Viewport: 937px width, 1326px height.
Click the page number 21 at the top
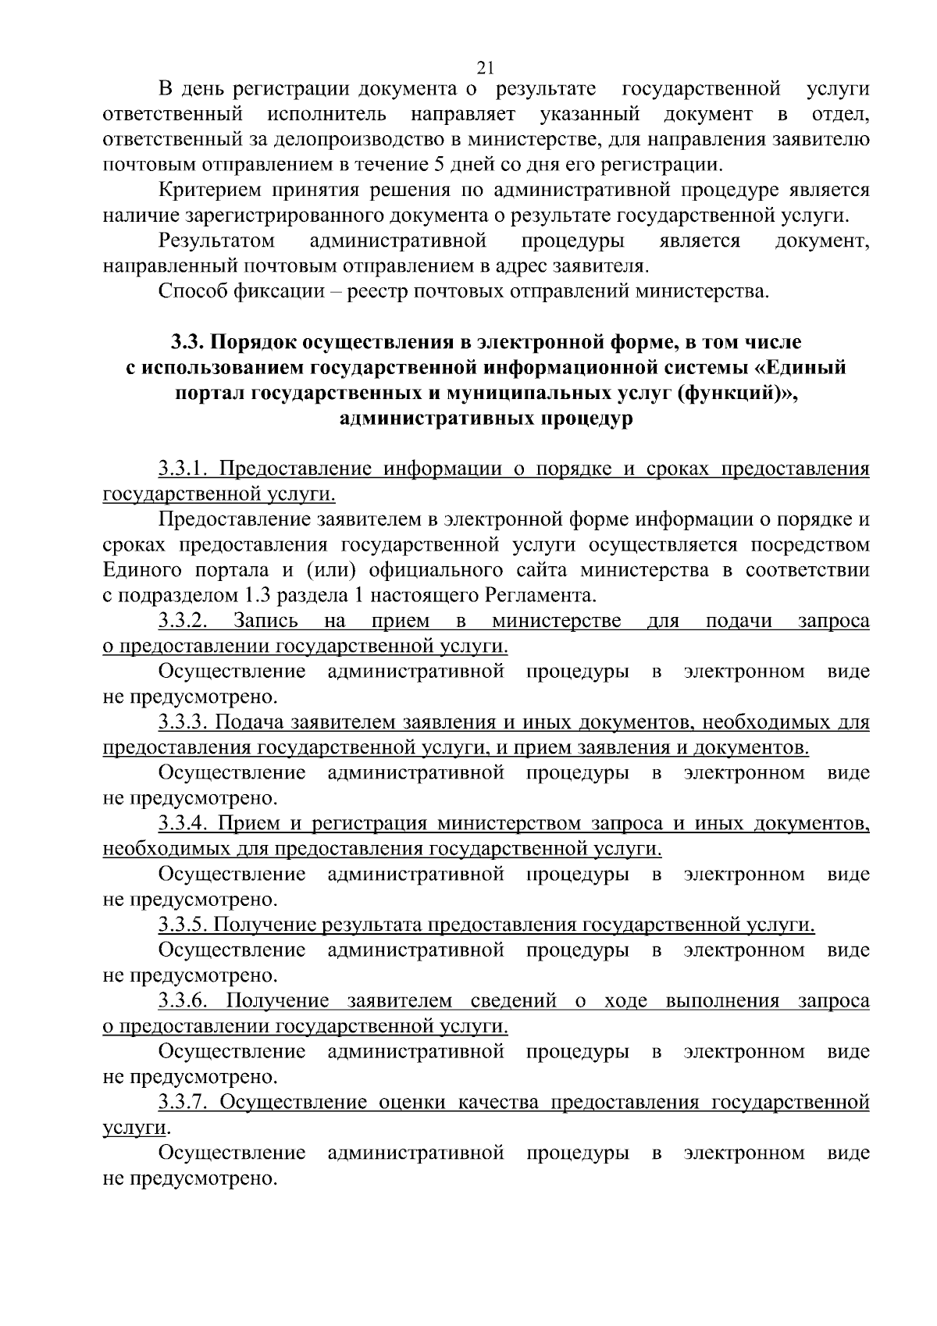click(x=485, y=67)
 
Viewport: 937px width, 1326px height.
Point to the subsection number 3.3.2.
click(x=182, y=621)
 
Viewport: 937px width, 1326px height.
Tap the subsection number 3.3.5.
click(x=182, y=925)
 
